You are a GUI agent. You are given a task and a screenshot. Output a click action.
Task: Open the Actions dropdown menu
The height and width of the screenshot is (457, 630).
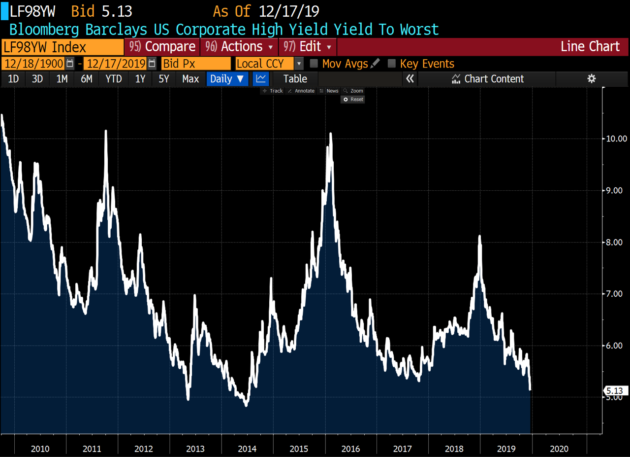tap(239, 47)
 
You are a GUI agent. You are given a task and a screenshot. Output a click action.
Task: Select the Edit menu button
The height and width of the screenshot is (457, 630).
tap(308, 47)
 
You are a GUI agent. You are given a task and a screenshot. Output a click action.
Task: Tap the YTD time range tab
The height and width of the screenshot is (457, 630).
tap(114, 79)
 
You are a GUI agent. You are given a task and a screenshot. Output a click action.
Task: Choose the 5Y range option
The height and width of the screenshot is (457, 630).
tap(164, 79)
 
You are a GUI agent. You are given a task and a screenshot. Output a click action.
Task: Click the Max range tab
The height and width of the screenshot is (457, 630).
tap(190, 79)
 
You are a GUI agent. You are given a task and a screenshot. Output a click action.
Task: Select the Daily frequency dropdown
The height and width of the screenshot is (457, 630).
tap(227, 79)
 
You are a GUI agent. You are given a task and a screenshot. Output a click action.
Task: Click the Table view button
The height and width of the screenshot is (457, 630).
tap(295, 79)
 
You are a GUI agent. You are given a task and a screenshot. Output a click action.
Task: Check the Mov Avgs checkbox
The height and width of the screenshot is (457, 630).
tap(314, 64)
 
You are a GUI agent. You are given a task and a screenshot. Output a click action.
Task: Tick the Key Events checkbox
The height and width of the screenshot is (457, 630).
tap(392, 64)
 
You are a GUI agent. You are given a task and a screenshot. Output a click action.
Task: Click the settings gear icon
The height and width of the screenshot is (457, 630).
tap(592, 79)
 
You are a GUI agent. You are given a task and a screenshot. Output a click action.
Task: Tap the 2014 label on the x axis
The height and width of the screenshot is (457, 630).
tap(247, 449)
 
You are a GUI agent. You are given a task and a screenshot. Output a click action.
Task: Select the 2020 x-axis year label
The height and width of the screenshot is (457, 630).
tap(559, 449)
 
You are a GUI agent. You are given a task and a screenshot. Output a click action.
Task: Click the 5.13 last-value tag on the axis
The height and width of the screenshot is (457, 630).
tap(615, 391)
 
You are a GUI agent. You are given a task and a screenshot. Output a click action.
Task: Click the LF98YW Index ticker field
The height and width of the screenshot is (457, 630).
tap(63, 47)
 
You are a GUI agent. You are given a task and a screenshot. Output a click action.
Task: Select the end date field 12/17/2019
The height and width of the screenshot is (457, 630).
tap(116, 64)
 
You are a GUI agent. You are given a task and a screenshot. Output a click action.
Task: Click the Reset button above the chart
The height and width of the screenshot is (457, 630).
tap(353, 100)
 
